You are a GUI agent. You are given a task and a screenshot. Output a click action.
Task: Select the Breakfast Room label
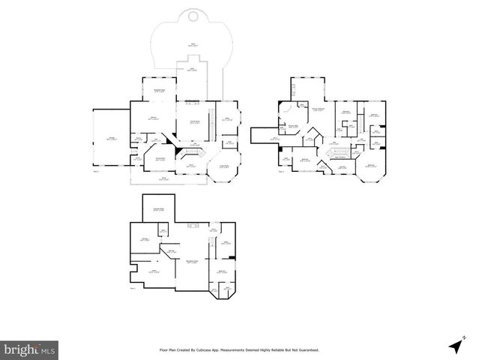point(159,91)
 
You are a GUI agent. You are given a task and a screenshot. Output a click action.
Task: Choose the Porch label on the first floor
point(163,178)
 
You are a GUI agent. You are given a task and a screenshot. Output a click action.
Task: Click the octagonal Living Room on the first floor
point(223,168)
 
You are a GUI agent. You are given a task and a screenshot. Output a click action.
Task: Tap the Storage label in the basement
point(145,239)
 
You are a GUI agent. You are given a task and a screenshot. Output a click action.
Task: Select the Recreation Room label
point(191,261)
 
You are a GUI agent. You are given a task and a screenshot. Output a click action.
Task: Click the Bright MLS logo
point(29,349)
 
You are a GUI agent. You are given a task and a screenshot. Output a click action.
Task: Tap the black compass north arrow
point(455,346)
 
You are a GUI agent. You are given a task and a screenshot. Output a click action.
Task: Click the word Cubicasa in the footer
point(222,349)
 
